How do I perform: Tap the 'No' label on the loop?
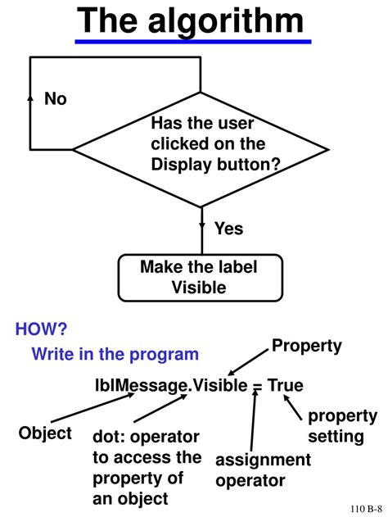[x=56, y=99]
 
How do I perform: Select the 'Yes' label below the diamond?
[x=228, y=229]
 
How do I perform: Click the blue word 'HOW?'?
[x=41, y=329]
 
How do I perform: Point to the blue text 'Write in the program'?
[x=115, y=354]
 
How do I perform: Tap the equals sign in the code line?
[x=257, y=385]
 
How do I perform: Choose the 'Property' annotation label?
[x=306, y=346]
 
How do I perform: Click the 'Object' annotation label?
[x=45, y=432]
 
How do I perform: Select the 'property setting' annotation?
[x=342, y=426]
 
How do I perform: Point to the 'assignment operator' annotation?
[x=263, y=469]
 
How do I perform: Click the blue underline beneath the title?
[x=194, y=42]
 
